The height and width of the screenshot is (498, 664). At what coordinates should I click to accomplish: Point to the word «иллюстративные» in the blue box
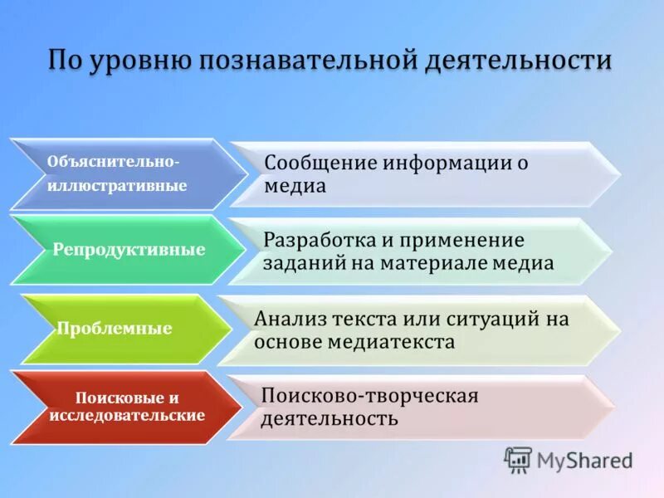(117, 186)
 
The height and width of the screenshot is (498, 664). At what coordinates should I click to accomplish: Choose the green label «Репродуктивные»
(129, 250)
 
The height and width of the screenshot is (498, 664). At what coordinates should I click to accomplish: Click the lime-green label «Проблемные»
(115, 329)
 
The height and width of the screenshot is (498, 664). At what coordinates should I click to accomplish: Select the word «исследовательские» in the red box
(127, 414)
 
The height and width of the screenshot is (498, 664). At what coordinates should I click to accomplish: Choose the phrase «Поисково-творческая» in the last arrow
(369, 396)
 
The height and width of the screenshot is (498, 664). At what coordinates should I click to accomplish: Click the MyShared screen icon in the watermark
(518, 460)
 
